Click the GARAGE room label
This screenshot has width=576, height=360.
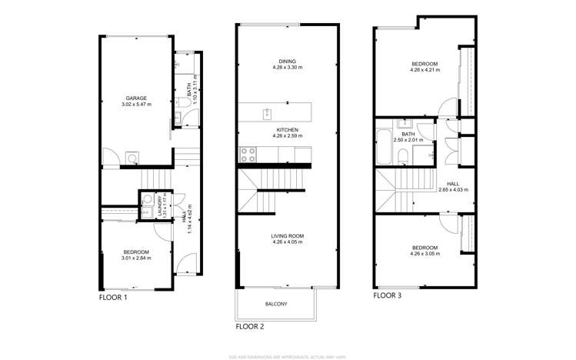(x=137, y=98)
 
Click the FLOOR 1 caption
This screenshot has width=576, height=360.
(x=114, y=297)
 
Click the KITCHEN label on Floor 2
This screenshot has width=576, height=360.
(x=288, y=130)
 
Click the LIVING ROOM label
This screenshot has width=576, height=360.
(x=288, y=236)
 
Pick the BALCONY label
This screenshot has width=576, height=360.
(x=276, y=304)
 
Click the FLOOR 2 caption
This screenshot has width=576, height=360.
(x=251, y=326)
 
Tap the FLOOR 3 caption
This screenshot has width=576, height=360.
(x=387, y=295)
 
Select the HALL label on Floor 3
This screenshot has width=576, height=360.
(x=452, y=183)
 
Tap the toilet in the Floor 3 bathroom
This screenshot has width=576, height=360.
(x=403, y=157)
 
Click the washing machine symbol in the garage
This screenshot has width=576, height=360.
(x=132, y=160)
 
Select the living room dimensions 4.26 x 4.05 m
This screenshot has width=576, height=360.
(x=288, y=243)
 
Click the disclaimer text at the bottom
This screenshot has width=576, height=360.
(x=288, y=356)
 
